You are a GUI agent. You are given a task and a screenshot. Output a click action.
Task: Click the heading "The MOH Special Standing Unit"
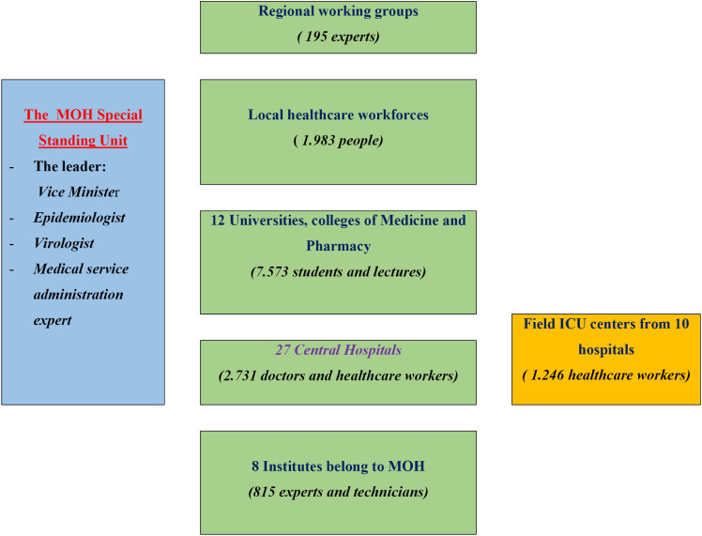point(83,128)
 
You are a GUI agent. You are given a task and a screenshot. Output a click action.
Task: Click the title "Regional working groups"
point(337,11)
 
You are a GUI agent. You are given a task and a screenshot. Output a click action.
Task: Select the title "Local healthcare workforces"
point(338,115)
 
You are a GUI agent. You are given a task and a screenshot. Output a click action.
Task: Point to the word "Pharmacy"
point(338,248)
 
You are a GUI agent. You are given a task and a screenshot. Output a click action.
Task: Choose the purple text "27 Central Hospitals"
point(337,351)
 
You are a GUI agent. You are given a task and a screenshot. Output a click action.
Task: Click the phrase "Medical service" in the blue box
point(82,269)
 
